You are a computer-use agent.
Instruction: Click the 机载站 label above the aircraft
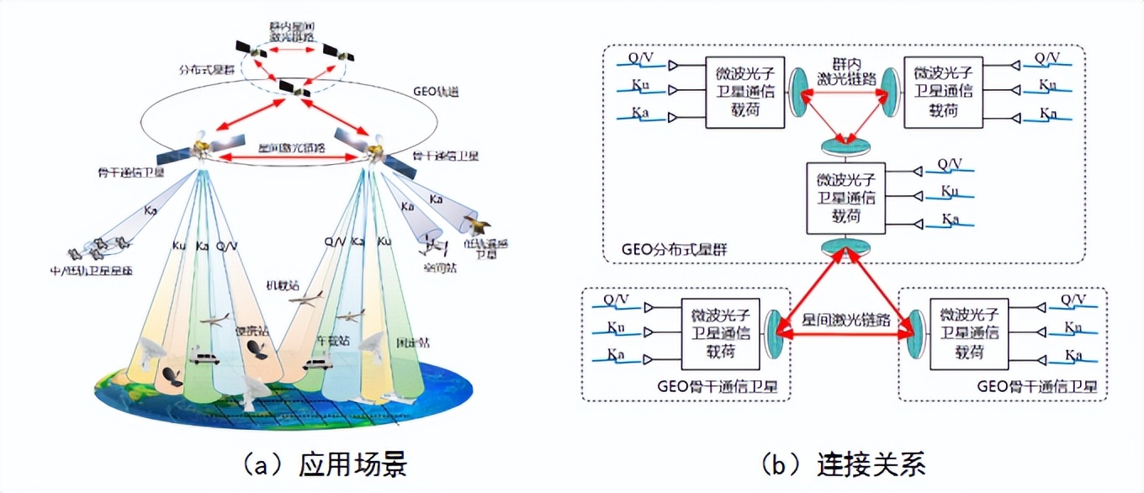[283, 285]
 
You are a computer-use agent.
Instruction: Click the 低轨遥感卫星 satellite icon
[477, 225]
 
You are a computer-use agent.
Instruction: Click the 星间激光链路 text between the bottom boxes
[845, 321]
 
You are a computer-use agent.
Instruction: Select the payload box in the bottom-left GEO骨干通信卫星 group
[721, 334]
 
